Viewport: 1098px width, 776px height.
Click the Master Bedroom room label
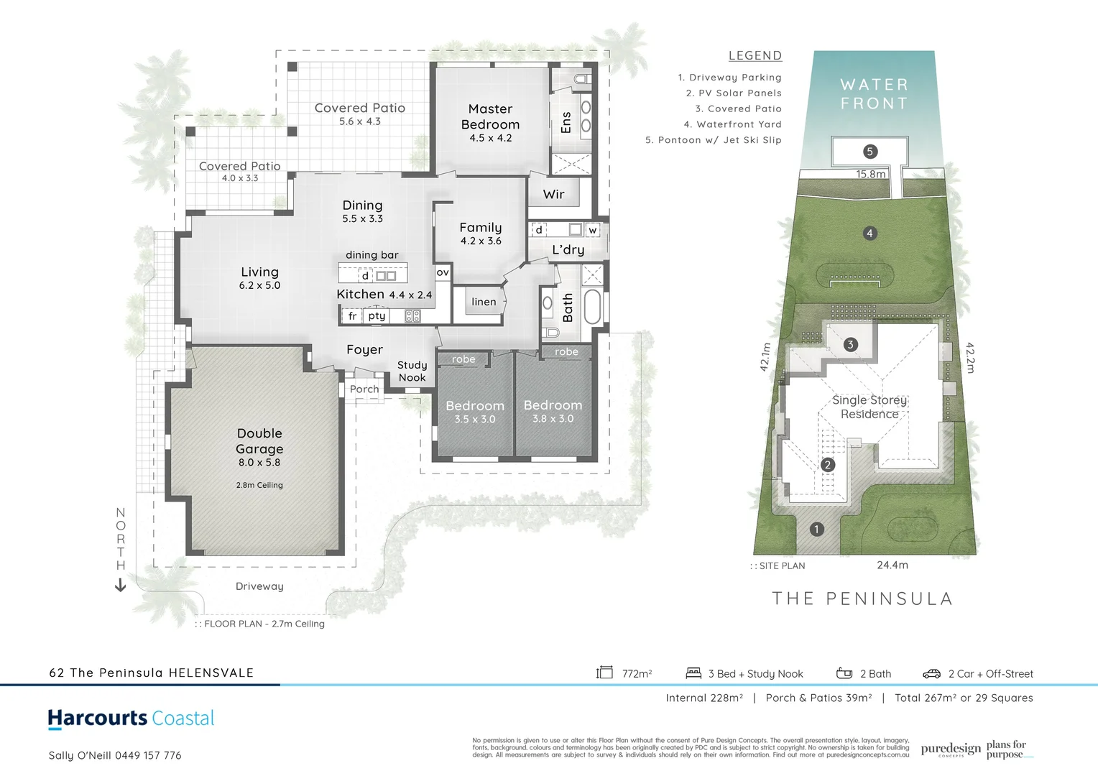490,116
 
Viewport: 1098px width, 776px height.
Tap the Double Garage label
259,440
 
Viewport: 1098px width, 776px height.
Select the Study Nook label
412,371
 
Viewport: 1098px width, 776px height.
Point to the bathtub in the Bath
591,306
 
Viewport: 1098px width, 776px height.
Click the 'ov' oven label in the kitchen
443,272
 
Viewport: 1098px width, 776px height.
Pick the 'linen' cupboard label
484,302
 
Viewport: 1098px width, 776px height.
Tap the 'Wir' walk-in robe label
553,194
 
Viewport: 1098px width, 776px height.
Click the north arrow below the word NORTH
120,586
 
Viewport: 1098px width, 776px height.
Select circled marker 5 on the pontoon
869,152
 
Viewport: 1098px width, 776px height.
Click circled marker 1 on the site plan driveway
816,530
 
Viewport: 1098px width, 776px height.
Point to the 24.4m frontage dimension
892,565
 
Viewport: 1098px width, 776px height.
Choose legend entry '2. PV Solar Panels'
733,93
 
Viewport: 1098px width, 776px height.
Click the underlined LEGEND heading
755,55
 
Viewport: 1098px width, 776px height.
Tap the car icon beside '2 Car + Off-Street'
931,673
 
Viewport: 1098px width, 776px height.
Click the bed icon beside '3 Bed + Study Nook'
693,673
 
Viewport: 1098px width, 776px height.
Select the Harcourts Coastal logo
131,719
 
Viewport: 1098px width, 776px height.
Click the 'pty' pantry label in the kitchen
377,315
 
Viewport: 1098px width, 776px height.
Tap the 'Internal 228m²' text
703,698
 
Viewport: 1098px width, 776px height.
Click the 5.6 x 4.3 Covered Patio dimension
359,121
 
